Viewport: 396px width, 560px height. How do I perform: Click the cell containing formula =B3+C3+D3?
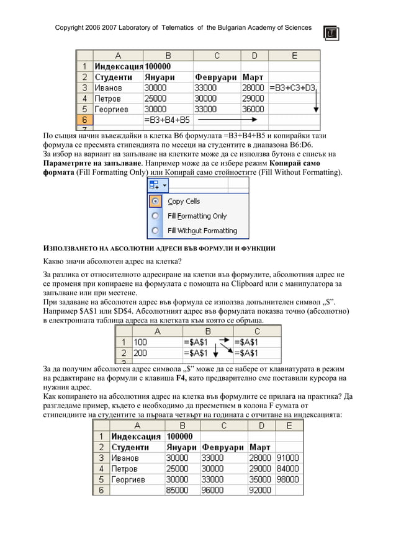(293, 88)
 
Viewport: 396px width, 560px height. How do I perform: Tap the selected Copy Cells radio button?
(155, 201)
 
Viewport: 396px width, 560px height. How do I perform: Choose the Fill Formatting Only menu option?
(197, 216)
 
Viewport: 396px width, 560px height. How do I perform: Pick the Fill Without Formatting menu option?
(202, 231)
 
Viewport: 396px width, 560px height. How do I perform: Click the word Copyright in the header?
(72, 28)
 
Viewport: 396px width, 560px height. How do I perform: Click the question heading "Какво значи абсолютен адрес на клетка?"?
(112, 260)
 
